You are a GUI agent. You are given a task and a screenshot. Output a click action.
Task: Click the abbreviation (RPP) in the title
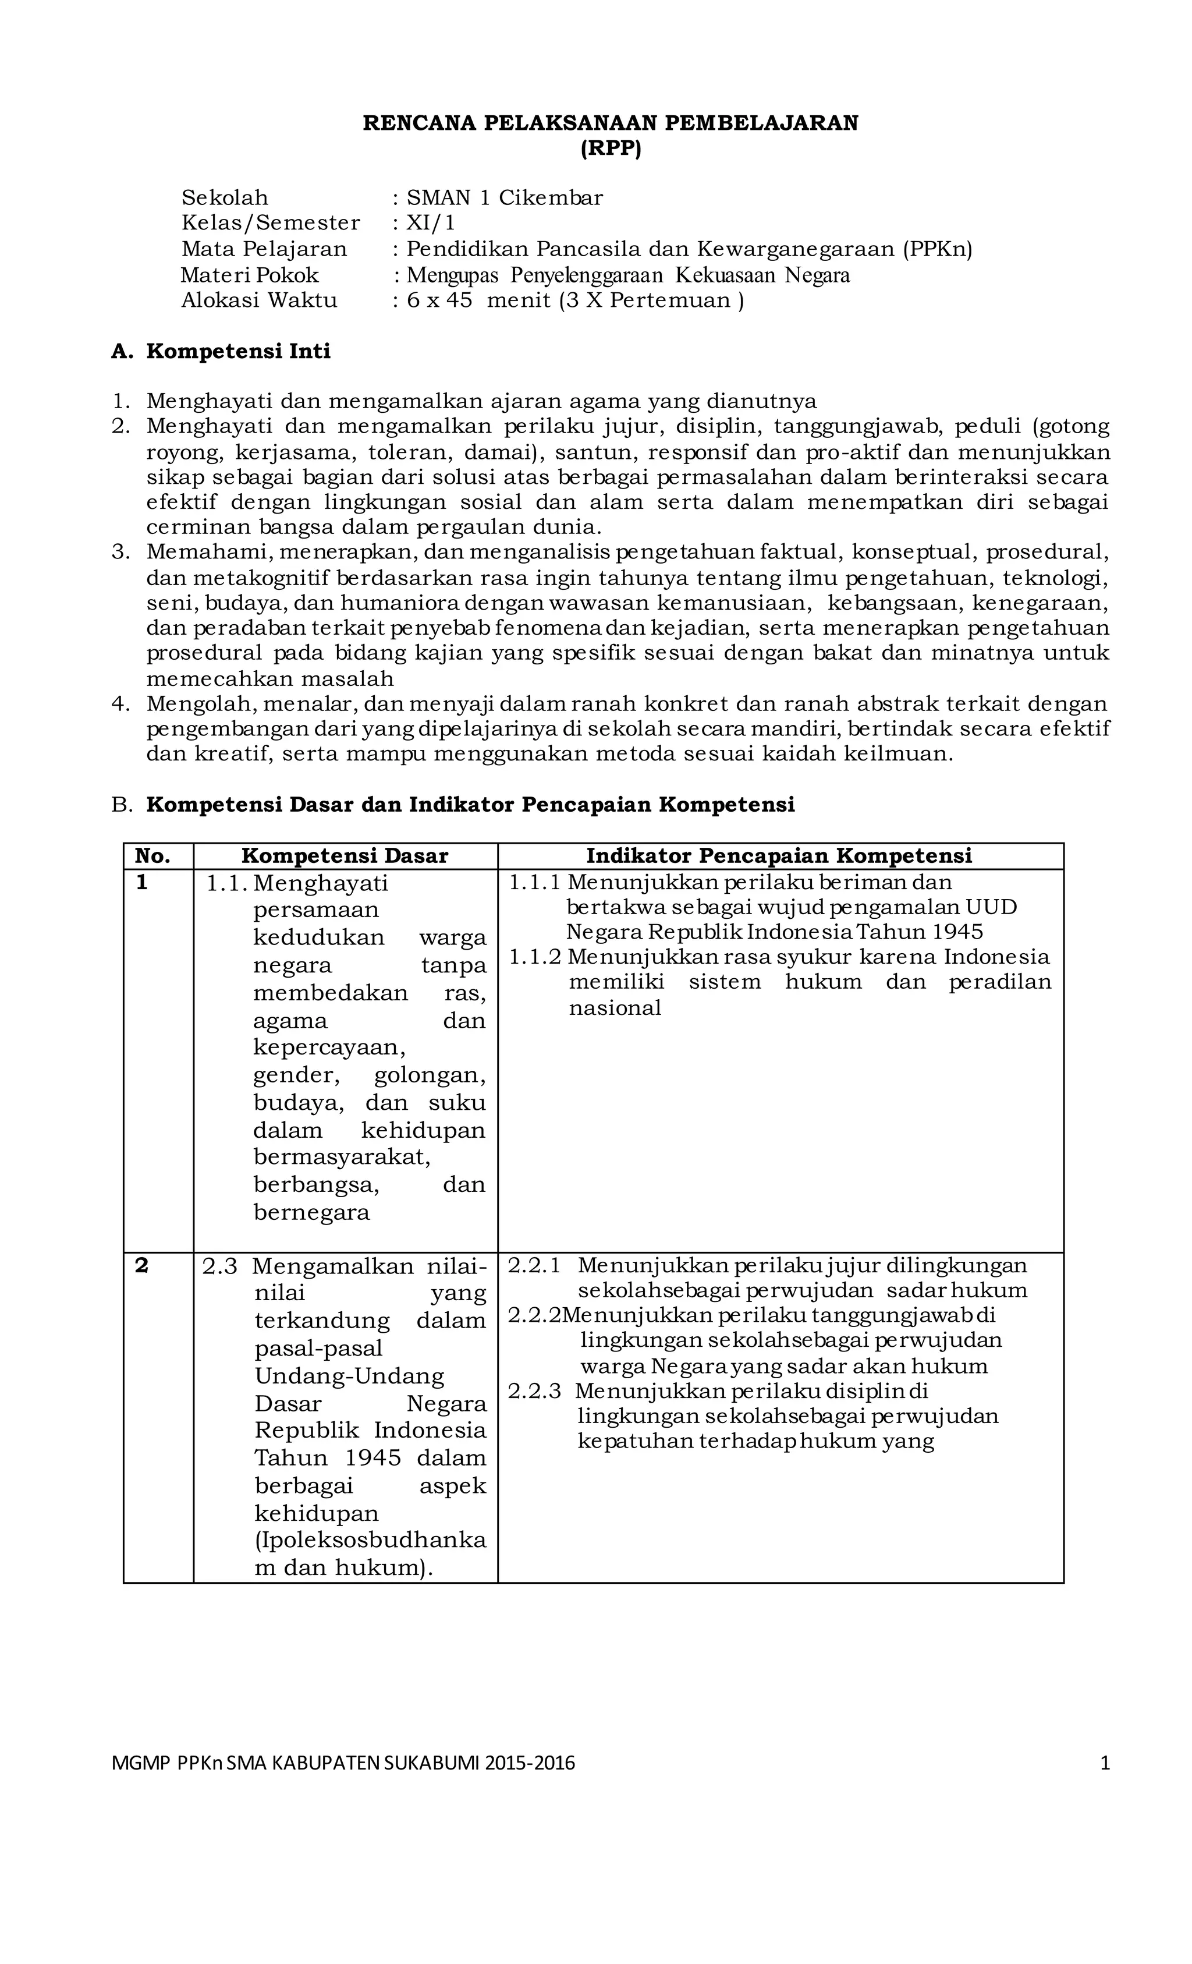pyautogui.click(x=611, y=149)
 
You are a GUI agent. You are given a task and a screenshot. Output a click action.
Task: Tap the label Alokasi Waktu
pyautogui.click(x=259, y=300)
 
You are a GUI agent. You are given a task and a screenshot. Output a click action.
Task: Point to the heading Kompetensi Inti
pyautogui.click(x=237, y=352)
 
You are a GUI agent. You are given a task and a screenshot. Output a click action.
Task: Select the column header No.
pyautogui.click(x=153, y=856)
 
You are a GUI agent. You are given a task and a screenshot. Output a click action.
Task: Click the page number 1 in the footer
pyautogui.click(x=1104, y=1763)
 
